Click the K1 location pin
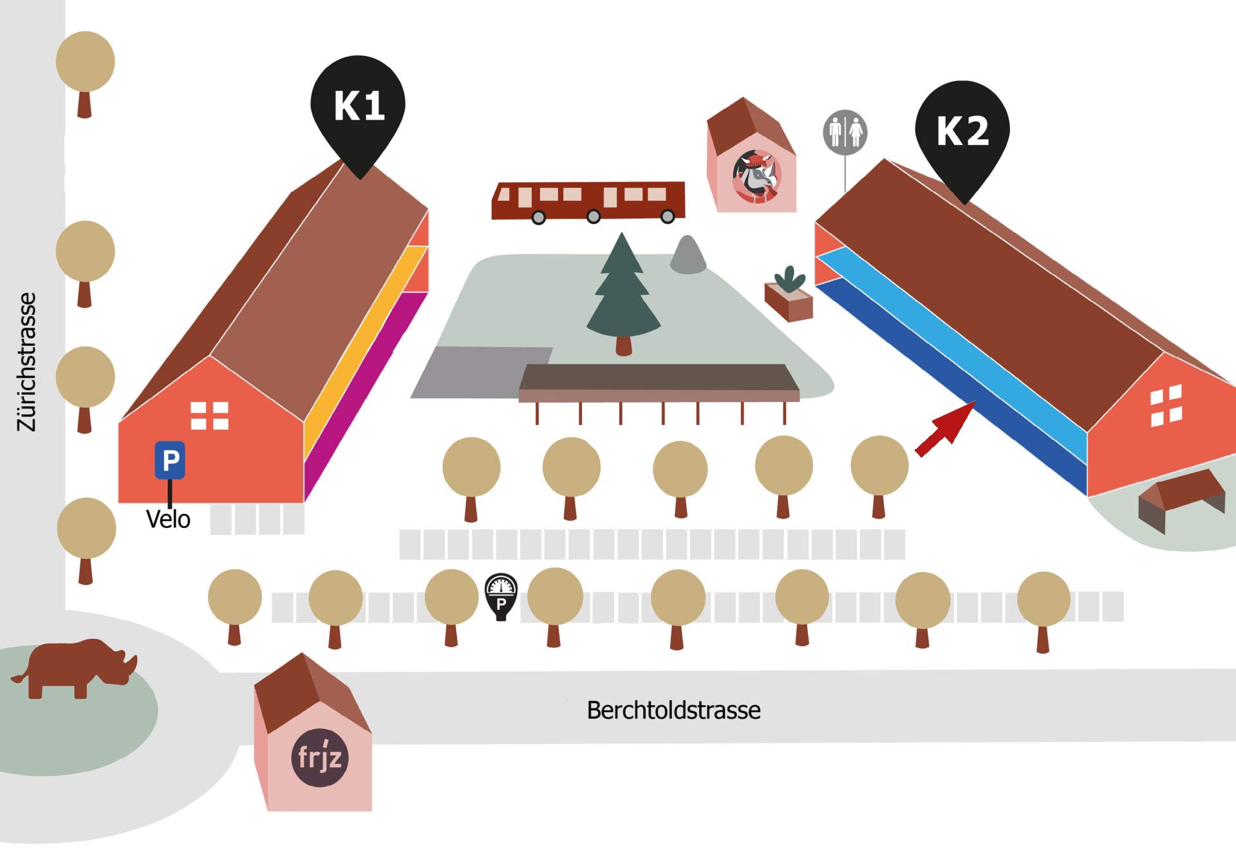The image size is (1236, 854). click(x=358, y=106)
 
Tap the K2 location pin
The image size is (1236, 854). click(x=962, y=132)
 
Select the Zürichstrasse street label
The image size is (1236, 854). click(x=27, y=362)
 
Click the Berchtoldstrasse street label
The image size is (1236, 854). click(x=673, y=710)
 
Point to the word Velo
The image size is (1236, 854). click(x=168, y=519)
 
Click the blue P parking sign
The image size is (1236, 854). click(x=170, y=460)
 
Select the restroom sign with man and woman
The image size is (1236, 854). click(x=845, y=132)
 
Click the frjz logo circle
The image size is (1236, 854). click(x=320, y=757)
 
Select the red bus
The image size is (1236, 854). click(x=588, y=201)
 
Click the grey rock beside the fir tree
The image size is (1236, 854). click(x=688, y=256)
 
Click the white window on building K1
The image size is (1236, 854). click(x=210, y=415)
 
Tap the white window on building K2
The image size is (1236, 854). click(x=1166, y=406)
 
